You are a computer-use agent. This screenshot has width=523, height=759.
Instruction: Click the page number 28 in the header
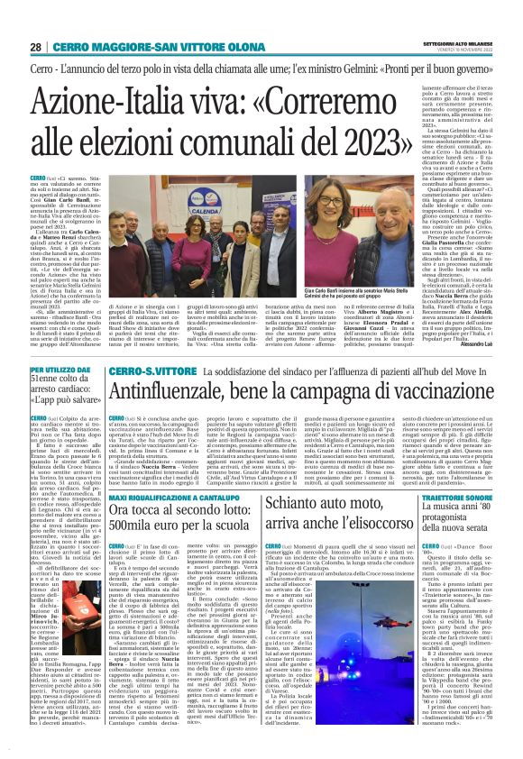35,46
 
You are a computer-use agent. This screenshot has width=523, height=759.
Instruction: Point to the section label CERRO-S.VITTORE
141,370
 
